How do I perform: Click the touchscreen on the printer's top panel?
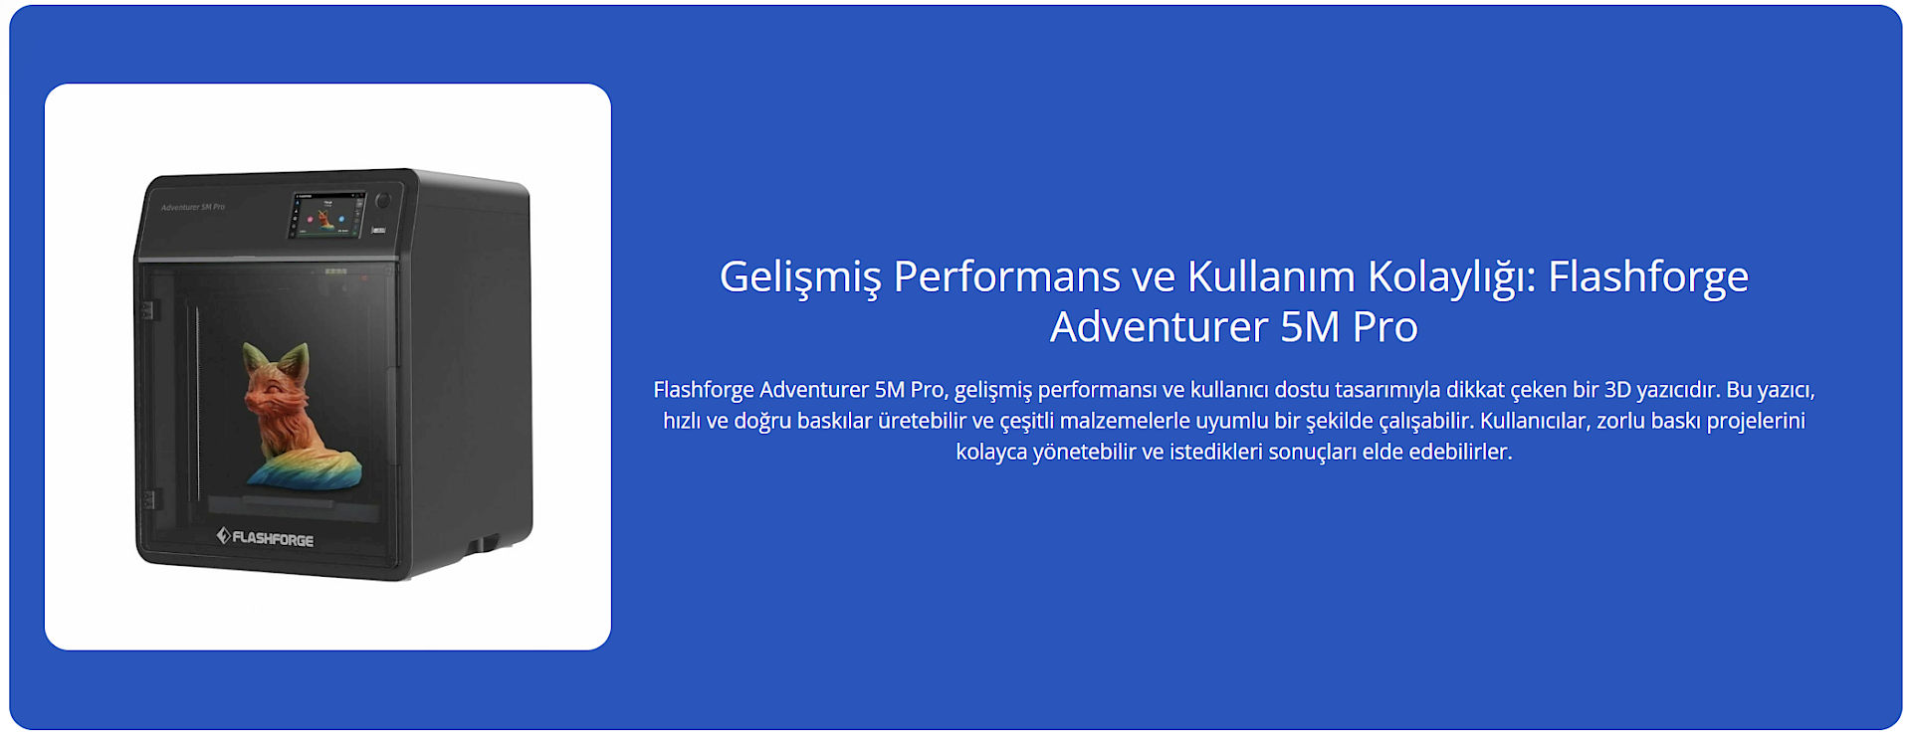tap(326, 215)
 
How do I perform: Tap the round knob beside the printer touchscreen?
tap(383, 201)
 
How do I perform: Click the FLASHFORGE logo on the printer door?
tap(265, 538)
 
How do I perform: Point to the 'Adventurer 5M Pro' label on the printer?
tap(193, 207)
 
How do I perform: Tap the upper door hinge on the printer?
tap(147, 310)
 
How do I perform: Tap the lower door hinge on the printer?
tap(148, 499)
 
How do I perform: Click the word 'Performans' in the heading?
tap(1006, 276)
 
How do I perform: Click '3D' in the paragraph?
tap(1617, 390)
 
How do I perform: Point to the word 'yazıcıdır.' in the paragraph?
tap(1679, 390)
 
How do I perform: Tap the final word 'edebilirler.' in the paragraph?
tap(1460, 452)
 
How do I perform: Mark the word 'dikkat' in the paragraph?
tap(1475, 390)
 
